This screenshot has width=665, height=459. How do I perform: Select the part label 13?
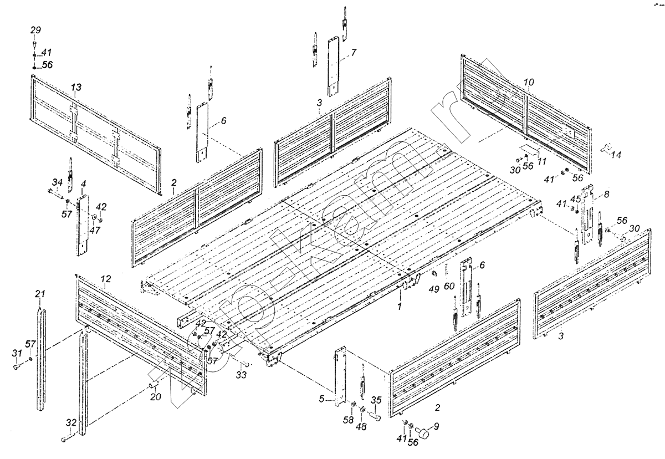click(76, 87)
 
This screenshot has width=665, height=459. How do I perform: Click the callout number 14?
click(616, 156)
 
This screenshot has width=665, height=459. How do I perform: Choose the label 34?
click(57, 182)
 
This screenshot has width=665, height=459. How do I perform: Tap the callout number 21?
click(40, 293)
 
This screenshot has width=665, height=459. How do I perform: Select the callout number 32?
click(70, 422)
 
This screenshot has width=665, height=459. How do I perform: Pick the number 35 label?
click(376, 400)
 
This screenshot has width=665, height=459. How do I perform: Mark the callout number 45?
click(576, 199)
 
